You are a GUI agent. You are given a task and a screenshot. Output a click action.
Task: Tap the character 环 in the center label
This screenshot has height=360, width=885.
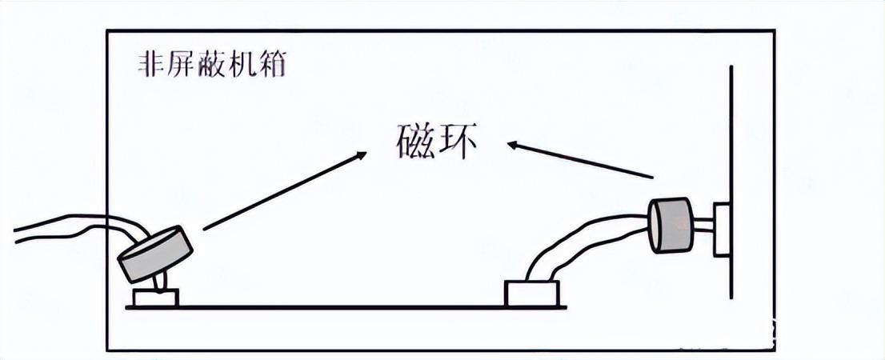(x=459, y=142)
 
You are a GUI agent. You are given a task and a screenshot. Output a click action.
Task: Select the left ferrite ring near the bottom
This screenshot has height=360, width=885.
(x=156, y=253)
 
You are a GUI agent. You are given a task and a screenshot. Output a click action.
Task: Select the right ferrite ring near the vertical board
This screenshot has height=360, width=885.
(x=671, y=224)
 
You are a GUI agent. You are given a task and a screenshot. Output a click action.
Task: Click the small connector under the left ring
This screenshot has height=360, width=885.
(x=156, y=298)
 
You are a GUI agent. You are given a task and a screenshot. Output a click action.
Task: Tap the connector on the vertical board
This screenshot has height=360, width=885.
(x=722, y=230)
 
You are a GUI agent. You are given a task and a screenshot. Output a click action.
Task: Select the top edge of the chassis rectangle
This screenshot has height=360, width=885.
(x=440, y=31)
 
